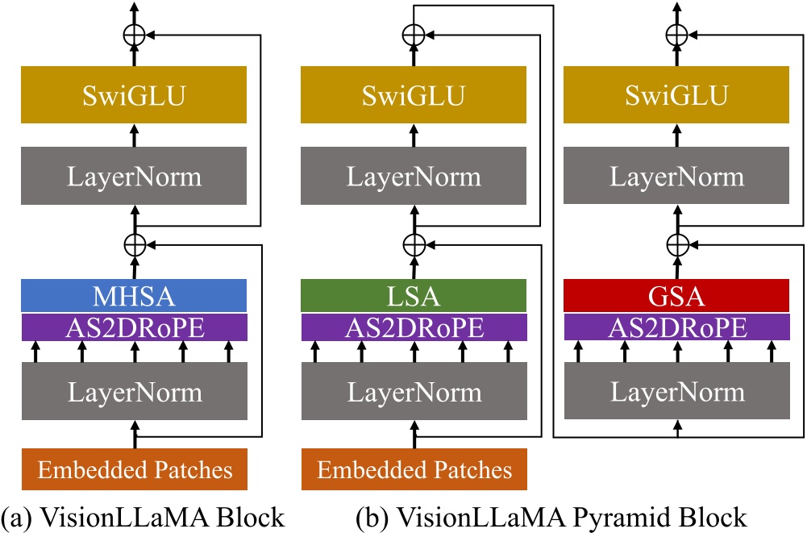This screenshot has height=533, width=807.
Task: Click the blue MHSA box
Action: (134, 296)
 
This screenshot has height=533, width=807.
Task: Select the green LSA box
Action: (413, 296)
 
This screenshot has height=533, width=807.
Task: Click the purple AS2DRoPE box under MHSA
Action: (134, 327)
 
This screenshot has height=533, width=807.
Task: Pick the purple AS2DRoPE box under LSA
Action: (413, 327)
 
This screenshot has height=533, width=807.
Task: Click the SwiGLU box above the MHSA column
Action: (134, 95)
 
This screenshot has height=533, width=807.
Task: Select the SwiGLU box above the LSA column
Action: (413, 95)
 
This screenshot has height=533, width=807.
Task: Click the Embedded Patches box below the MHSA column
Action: (134, 469)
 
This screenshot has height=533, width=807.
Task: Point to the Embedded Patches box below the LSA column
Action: (413, 469)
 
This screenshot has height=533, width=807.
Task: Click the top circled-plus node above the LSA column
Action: (413, 34)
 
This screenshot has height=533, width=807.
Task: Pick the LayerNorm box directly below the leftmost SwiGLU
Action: (134, 176)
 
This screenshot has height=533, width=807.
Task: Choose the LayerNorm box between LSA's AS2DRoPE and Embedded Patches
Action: (413, 393)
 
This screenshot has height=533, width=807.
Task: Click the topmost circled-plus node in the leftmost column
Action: (134, 34)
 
